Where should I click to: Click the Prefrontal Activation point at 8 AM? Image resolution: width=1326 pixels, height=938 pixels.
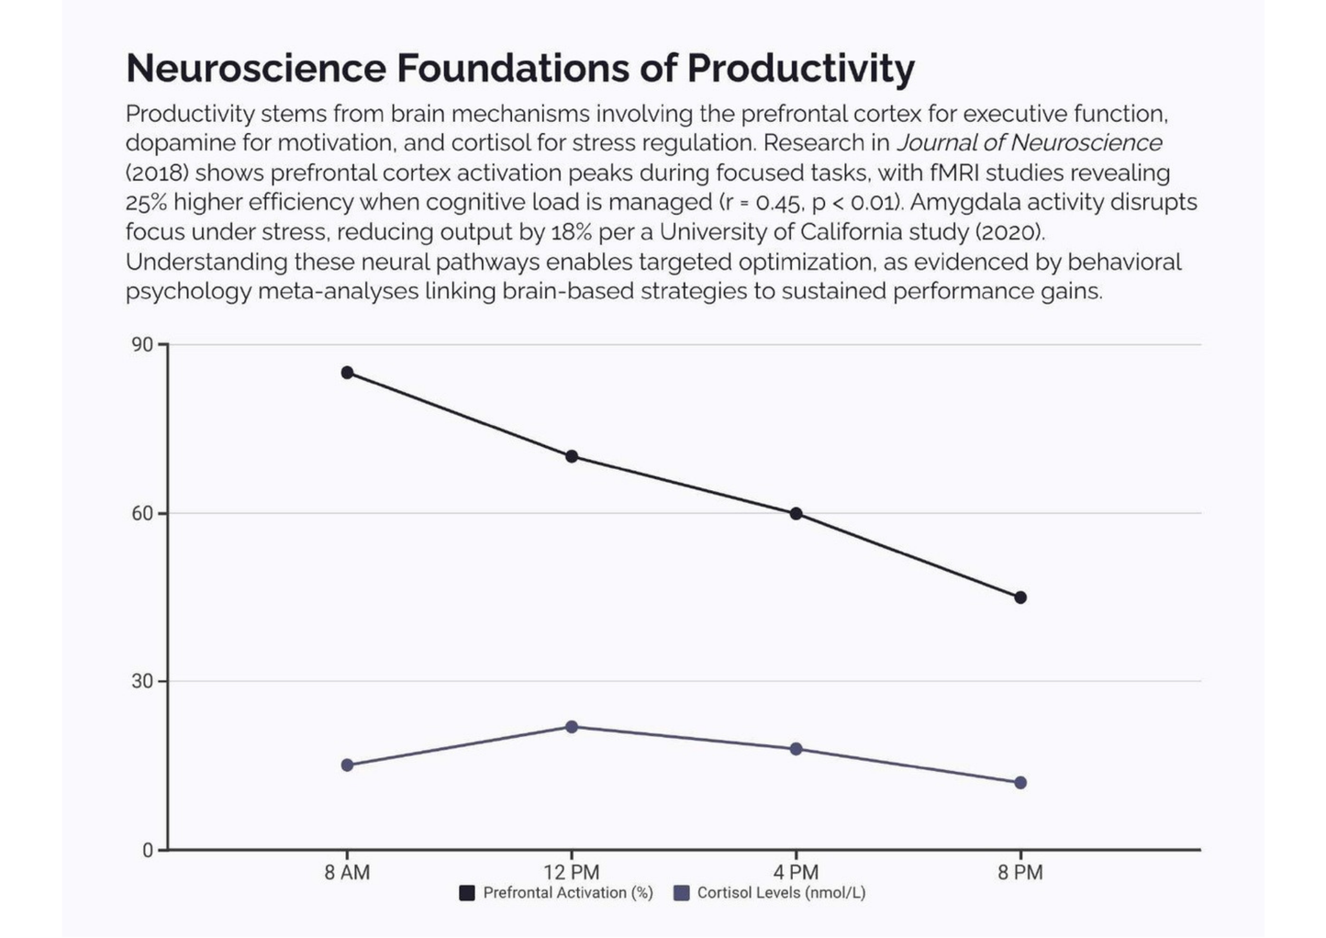[x=347, y=373]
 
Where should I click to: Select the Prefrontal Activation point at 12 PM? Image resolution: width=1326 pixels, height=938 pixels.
[x=572, y=456]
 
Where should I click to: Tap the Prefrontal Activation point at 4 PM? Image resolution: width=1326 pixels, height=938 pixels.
[x=796, y=513]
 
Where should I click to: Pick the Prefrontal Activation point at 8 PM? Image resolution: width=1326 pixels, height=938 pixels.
[x=1020, y=597]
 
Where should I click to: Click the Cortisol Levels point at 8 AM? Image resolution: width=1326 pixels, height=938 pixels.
[x=347, y=765]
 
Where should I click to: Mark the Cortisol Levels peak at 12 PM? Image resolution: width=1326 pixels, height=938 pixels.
[x=572, y=727]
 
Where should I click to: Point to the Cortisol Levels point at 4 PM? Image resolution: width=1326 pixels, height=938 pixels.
[x=796, y=749]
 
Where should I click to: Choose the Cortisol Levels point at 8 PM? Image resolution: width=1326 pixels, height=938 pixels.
[x=1020, y=783]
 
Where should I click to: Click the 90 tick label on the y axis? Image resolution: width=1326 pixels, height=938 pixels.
[x=142, y=345]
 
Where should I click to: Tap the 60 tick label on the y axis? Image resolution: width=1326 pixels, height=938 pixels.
[x=142, y=514]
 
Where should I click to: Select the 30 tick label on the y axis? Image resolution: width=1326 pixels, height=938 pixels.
[x=142, y=682]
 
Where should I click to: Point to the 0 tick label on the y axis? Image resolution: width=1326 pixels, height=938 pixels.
[x=148, y=851]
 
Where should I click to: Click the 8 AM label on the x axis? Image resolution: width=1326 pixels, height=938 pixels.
[x=347, y=873]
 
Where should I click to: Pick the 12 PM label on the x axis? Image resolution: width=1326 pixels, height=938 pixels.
[x=572, y=873]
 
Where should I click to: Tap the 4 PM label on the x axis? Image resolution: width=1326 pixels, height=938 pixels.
[x=796, y=873]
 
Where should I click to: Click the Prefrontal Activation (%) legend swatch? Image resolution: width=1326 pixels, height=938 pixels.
[x=467, y=893]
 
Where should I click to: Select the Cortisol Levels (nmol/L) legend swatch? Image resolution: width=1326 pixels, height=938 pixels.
[x=681, y=893]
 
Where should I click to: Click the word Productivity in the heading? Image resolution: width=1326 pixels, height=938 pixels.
[x=800, y=69]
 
